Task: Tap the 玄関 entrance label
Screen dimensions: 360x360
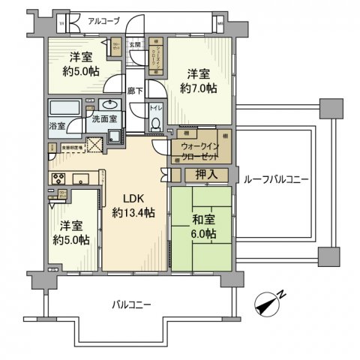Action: click(135, 45)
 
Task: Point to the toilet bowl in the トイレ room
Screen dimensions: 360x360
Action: click(155, 125)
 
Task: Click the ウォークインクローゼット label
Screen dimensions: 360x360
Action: click(200, 152)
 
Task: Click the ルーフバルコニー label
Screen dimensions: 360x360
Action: click(276, 178)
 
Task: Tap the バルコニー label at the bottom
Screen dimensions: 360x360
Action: click(132, 304)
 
